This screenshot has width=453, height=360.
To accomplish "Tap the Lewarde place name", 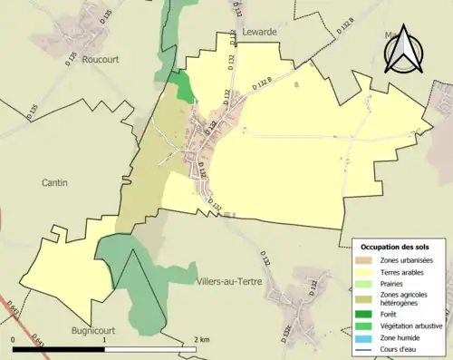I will click(260, 30).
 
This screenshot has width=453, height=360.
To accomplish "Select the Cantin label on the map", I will click(54, 182).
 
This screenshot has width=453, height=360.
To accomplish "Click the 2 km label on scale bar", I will click(202, 340).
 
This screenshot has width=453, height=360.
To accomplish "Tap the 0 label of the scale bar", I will click(14, 340).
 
